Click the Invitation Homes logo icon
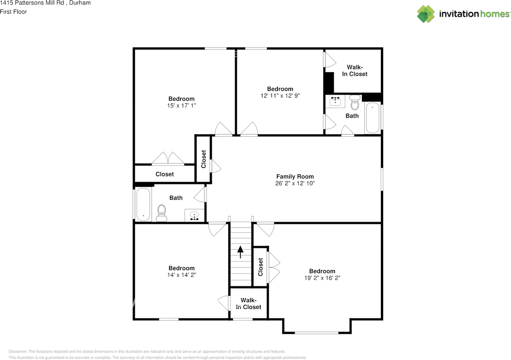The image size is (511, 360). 426,14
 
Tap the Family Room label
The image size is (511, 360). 295,176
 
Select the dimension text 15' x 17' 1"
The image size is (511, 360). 182,106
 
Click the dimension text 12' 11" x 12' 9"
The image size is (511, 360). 280,96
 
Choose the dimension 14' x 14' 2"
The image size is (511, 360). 182,275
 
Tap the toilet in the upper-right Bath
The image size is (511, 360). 355,103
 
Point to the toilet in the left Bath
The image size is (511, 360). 162,212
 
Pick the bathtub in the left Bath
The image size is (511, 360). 143,204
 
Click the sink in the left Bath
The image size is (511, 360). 194,216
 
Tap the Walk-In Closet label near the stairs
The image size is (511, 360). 249,304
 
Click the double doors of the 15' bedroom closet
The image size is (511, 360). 168,158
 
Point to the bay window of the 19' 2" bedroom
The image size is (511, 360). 317,332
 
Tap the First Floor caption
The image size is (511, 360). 14,12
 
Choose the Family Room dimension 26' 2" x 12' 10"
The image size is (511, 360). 295,184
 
